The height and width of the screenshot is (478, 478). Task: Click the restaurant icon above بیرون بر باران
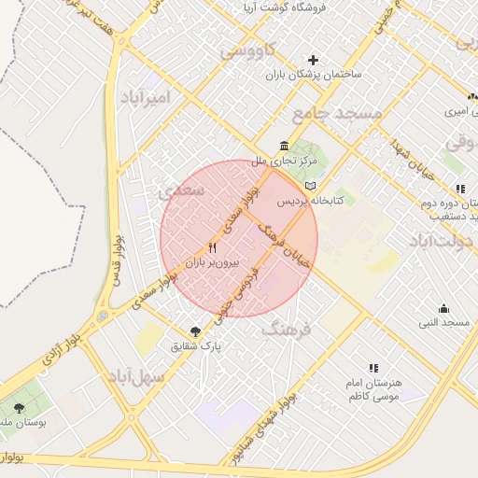(x=212, y=248)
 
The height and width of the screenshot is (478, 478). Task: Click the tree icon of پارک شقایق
(x=194, y=331)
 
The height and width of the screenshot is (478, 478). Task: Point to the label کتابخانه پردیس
(x=312, y=201)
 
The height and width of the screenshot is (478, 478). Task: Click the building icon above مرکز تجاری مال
(x=283, y=146)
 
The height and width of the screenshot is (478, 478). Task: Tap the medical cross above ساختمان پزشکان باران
(x=314, y=60)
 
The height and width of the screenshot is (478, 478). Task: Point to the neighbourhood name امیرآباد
(x=147, y=97)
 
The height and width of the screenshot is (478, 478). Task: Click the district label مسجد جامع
(x=336, y=113)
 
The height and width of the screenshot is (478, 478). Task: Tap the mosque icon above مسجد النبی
(x=443, y=308)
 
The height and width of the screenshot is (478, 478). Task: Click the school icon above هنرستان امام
(x=373, y=368)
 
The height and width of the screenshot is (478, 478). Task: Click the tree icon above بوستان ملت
(x=19, y=407)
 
